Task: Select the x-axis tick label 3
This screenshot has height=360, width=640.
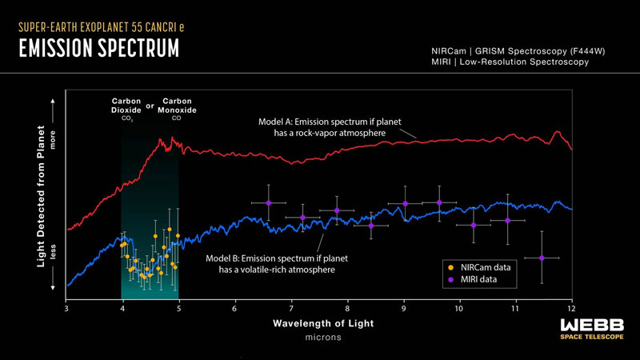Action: click(66, 309)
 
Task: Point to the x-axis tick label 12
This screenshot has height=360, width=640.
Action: click(570, 309)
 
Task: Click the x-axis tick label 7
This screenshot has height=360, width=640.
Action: click(290, 309)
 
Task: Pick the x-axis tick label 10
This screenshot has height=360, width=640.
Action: click(458, 309)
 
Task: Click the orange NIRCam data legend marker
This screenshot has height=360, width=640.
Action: click(451, 266)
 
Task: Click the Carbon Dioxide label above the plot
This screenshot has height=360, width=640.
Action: click(126, 106)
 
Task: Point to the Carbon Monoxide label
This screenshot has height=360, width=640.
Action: click(177, 106)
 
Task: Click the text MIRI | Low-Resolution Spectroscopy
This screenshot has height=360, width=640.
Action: click(510, 62)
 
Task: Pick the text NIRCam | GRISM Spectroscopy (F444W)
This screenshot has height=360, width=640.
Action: click(517, 50)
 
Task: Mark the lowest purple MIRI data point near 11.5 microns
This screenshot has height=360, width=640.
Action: click(542, 258)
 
